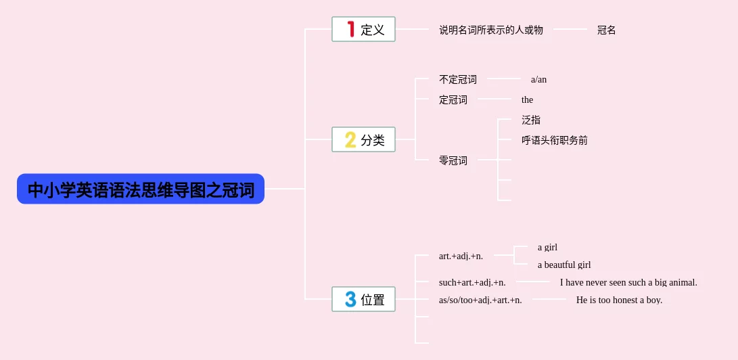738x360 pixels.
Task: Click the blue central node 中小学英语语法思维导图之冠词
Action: pos(141,189)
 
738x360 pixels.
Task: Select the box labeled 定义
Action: pos(363,29)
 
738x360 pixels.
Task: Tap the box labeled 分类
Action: pos(363,139)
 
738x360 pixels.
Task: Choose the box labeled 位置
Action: pos(363,299)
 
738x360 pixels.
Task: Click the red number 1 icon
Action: pos(350,29)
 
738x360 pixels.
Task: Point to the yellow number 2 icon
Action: pos(350,139)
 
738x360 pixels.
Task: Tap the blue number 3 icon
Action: pos(350,299)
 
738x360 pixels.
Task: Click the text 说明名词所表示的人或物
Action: pos(490,30)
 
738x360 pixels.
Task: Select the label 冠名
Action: pos(606,30)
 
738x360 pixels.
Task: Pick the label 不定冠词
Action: pos(457,79)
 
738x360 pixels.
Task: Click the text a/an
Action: pos(538,79)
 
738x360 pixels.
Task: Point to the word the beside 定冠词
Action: pos(527,99)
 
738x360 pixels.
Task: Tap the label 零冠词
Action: pos(453,160)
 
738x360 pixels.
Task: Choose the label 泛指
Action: pos(530,120)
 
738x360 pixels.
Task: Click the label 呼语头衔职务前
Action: pos(554,140)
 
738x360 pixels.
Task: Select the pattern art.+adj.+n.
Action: pos(461,256)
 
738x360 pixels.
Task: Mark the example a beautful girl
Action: pos(563,265)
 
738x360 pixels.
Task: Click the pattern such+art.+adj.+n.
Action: pos(471,282)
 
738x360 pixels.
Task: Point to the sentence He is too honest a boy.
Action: pos(619,300)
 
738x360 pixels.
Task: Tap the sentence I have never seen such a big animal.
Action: pos(628,282)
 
